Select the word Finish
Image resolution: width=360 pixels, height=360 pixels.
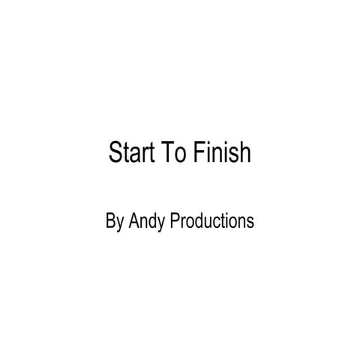click(x=221, y=152)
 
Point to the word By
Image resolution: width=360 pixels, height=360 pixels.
click(x=115, y=223)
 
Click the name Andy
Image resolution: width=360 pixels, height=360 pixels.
click(x=148, y=223)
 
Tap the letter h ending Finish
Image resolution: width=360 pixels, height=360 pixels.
click(x=244, y=152)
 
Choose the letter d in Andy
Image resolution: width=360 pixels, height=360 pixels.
click(x=155, y=221)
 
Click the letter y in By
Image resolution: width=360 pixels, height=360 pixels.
click(x=121, y=224)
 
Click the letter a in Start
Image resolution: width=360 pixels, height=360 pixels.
click(x=133, y=154)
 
